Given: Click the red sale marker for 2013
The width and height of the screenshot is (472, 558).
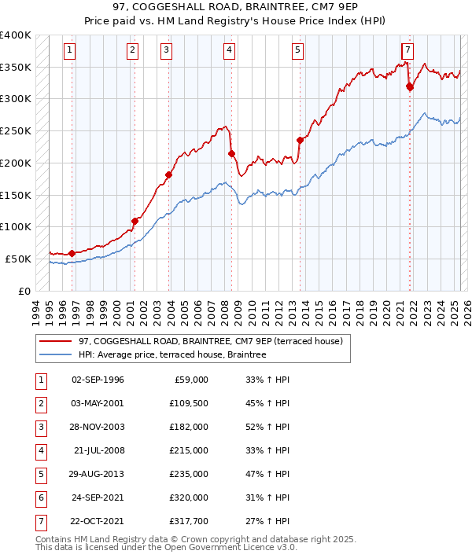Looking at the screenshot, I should click(300, 140).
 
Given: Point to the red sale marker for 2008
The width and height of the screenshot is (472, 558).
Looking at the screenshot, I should click(231, 153).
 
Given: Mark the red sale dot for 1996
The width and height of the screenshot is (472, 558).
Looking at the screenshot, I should click(72, 253).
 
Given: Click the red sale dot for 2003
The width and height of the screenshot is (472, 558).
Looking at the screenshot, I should click(168, 174).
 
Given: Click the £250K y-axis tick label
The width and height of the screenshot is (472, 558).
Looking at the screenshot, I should click(16, 131).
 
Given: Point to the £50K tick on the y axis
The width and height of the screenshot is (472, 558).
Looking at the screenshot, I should click(18, 259).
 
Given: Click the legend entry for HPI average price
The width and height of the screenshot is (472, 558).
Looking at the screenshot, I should click(172, 355).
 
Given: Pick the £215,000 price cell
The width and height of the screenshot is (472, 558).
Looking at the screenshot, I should click(188, 450).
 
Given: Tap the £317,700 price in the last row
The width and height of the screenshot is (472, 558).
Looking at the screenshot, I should click(188, 521).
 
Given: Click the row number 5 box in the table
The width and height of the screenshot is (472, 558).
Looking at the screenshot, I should click(40, 474).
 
